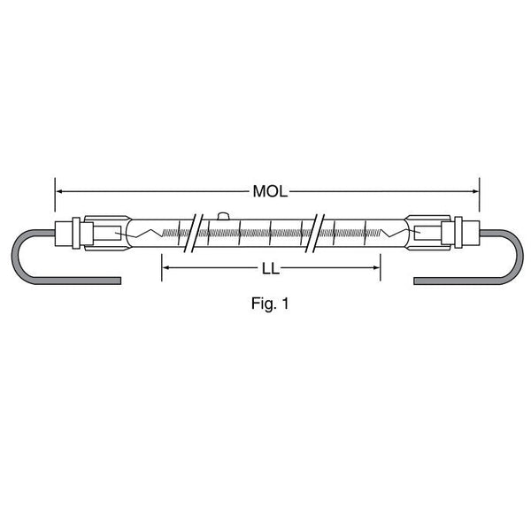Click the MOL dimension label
[270, 192]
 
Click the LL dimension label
[271, 269]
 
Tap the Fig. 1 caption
[270, 304]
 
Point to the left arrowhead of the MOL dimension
[59, 191]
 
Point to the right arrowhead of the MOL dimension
[475, 191]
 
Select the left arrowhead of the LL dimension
[166, 267]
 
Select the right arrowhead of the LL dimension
[376, 267]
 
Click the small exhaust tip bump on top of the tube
[223, 216]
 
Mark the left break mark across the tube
[193, 233]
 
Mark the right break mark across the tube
[315, 233]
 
